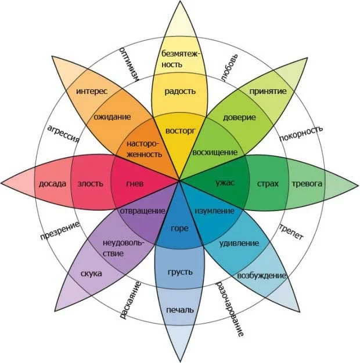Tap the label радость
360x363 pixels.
click(180, 91)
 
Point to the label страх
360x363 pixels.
click(268, 184)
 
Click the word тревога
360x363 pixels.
click(307, 184)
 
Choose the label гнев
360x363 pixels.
click(135, 184)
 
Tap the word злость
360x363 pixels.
click(91, 184)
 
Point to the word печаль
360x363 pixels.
click(180, 308)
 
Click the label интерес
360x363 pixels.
click(92, 91)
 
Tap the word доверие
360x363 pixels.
click(239, 117)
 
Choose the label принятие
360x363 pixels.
click(268, 92)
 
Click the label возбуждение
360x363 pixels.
click(261, 275)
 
